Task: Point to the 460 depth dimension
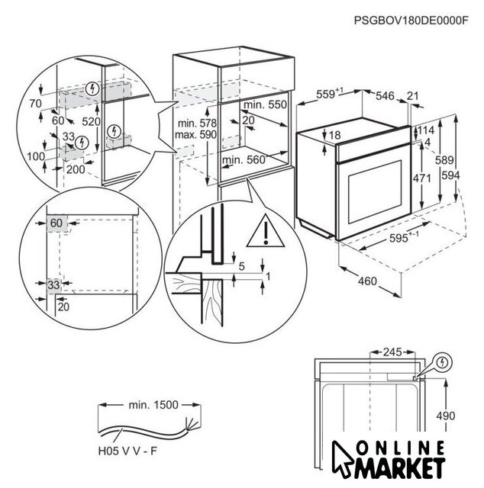pos(367,281)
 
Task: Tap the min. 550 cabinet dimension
pos(266,104)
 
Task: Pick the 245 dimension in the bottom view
pos(391,353)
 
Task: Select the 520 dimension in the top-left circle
pos(92,121)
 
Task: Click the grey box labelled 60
pos(56,223)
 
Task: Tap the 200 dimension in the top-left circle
pos(75,169)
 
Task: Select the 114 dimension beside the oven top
pos(426,130)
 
